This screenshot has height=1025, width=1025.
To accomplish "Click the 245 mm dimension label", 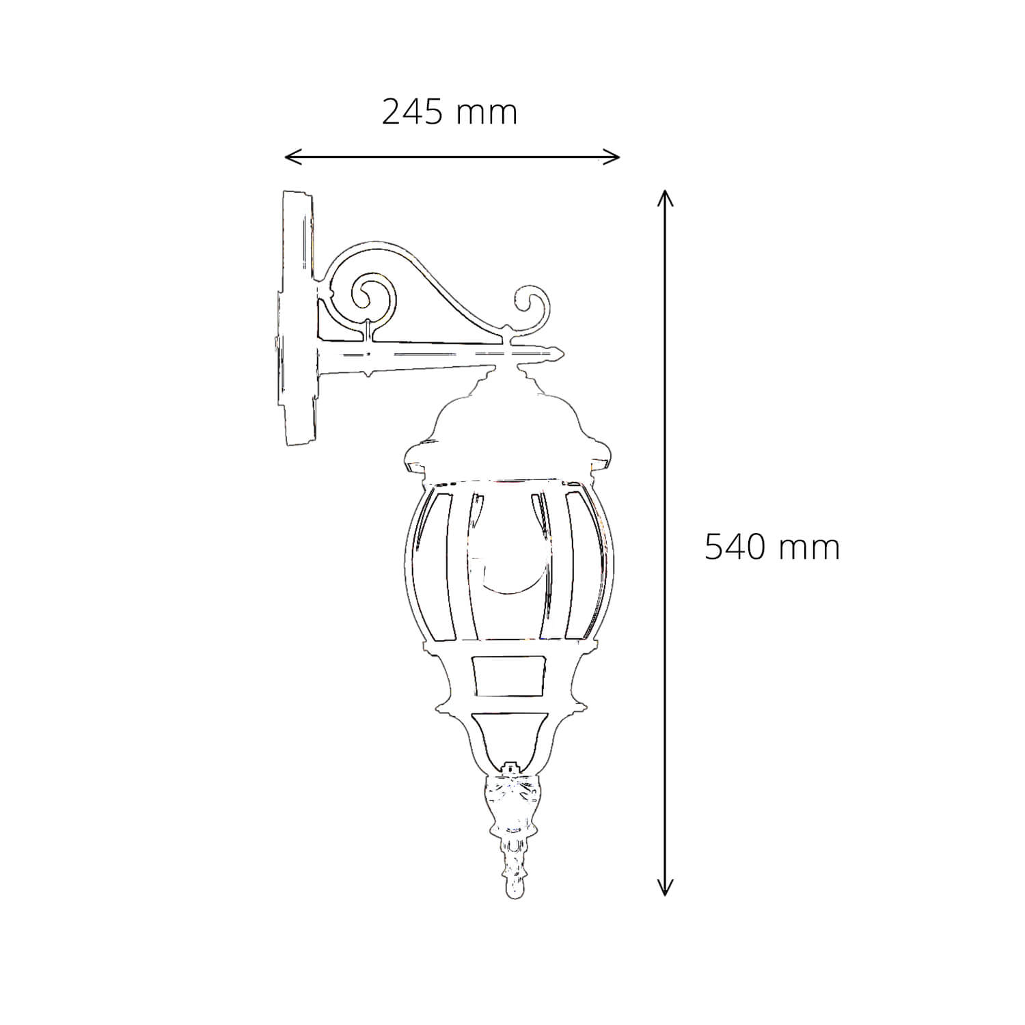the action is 449,112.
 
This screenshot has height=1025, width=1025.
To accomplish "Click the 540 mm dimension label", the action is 771,547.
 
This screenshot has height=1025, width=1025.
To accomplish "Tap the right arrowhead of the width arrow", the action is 612,157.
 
